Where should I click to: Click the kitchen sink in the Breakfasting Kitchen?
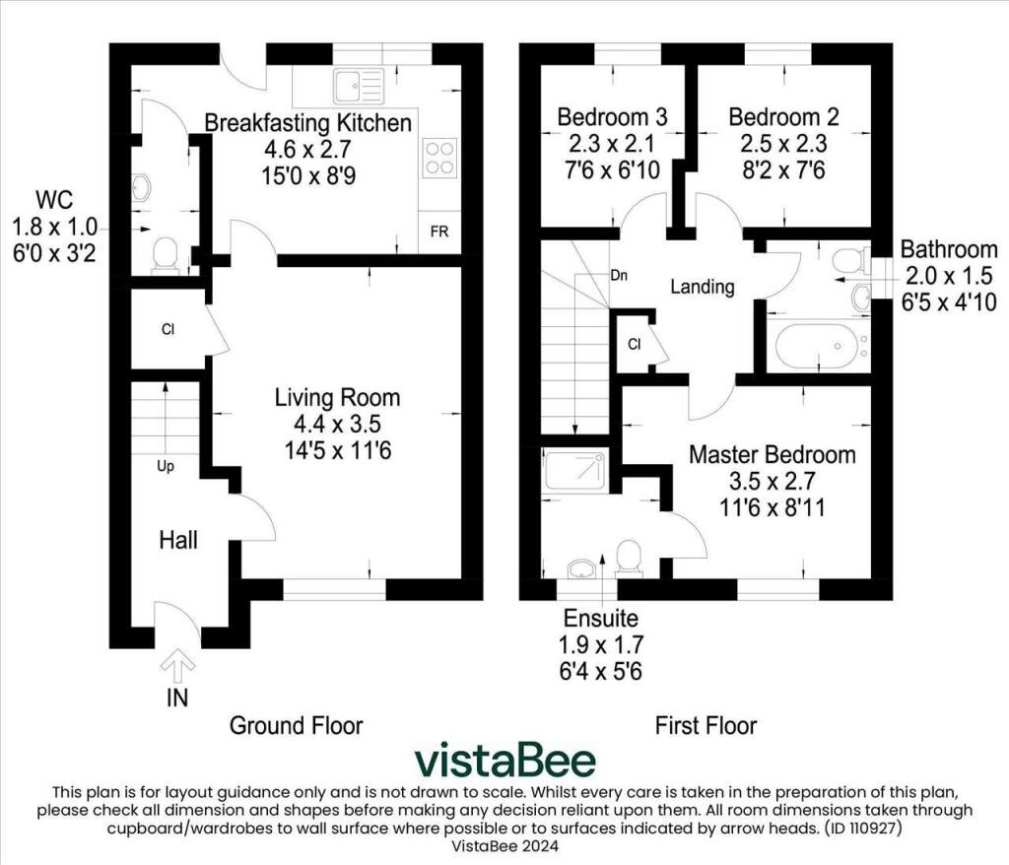358,86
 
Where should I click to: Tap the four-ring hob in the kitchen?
439,158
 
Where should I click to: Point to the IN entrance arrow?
177,670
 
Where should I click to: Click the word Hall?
178,540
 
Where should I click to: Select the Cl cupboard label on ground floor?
168,329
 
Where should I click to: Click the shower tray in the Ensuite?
575,472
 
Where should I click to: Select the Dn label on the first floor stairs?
620,276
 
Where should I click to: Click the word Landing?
703,288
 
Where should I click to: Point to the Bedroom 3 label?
612,117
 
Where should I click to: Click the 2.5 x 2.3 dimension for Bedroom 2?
783,144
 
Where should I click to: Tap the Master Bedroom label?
772,455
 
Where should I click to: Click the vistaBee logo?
504,761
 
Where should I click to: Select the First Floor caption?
706,726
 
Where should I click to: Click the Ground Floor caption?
297,726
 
